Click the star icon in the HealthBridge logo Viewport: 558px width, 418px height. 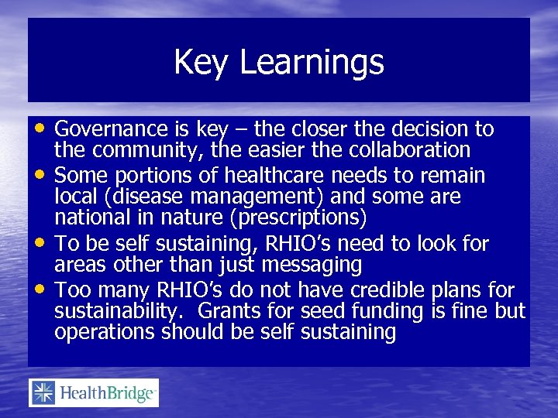pos(42,393)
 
